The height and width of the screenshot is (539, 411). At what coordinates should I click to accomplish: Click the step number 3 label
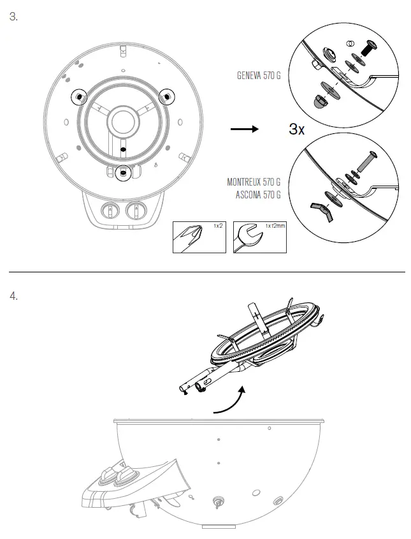(13, 17)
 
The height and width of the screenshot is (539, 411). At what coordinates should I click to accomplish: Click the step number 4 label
(13, 297)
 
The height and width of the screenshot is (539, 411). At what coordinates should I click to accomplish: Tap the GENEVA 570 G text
(258, 75)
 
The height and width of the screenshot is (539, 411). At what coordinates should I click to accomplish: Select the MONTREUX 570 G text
(254, 182)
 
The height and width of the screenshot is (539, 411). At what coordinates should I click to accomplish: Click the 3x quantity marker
(297, 129)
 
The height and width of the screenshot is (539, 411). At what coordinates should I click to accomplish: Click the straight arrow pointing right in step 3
(243, 129)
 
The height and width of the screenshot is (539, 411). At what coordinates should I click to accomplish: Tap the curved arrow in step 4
(230, 401)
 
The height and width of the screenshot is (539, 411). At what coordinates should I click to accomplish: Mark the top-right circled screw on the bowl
(167, 96)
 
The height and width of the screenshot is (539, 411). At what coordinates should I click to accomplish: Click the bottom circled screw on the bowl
(123, 172)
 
